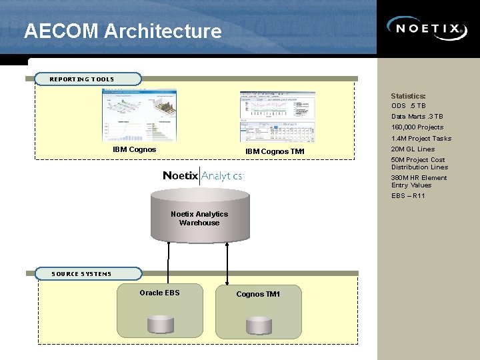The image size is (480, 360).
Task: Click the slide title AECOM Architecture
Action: coord(123,31)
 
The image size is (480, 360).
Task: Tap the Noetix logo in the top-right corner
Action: coord(427,29)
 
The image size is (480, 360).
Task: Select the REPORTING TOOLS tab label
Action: coord(82,79)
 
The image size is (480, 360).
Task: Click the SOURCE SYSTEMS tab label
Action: coord(82,273)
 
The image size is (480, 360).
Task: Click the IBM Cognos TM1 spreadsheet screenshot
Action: coord(277,116)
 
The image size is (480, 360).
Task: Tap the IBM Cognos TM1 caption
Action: coord(275,151)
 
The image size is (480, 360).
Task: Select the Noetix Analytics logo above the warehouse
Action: coord(203,175)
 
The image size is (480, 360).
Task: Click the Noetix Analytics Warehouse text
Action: coord(199,218)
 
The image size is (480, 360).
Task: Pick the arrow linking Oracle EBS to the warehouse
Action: coord(169,262)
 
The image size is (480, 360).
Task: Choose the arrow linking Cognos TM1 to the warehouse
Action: coord(228,262)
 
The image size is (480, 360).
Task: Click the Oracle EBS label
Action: coord(159,293)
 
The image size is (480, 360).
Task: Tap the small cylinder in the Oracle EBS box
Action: coord(160,325)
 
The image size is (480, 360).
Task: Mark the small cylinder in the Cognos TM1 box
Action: coord(259,325)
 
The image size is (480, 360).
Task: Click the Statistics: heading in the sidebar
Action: coord(408,96)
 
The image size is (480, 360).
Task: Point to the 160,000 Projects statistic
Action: coord(417,127)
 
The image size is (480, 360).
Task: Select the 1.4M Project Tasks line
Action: coord(421,139)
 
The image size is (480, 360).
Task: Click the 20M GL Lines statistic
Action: coord(413,149)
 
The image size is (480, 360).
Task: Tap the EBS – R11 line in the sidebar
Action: coord(408,196)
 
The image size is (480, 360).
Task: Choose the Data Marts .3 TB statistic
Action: coord(417,117)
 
